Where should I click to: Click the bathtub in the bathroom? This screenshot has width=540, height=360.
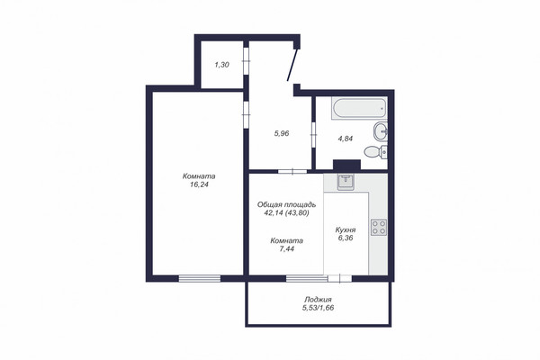coord(359,109)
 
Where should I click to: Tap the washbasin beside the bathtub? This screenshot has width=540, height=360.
coord(380,131)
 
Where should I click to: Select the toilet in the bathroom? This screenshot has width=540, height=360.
coord(375,151)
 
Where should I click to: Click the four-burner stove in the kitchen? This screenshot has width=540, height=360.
coord(379,228)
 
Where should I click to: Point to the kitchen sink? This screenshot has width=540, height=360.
coord(346,182)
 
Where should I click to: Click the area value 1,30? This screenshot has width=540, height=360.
coord(221,65)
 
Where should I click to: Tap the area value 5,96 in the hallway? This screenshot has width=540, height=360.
coord(282,133)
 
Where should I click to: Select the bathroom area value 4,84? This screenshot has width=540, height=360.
coord(346,139)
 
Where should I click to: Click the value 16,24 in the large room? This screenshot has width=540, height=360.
coord(199,184)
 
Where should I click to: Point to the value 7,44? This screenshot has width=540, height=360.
coord(286,249)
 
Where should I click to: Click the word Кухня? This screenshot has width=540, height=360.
coord(346,229)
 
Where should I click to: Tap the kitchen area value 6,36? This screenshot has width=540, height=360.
coord(346,238)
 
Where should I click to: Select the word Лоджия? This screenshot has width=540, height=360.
coord(318,300)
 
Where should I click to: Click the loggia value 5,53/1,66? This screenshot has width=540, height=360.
coord(318,308)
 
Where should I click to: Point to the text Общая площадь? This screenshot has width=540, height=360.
coord(286,204)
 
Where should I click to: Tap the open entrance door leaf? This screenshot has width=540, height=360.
coord(292,65)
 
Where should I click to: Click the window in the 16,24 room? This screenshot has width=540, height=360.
coord(200,279)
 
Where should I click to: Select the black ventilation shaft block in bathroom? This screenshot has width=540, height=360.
coord(346,165)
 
